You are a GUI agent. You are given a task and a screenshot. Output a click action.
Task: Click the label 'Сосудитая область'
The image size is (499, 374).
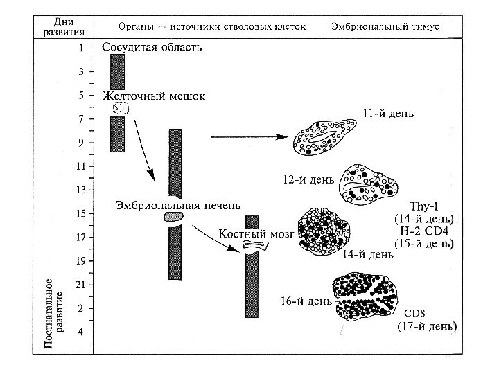(x=152, y=48)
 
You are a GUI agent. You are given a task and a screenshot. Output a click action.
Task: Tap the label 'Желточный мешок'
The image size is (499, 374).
(x=153, y=96)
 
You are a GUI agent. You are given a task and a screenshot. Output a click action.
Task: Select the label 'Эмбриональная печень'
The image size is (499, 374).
(x=178, y=204)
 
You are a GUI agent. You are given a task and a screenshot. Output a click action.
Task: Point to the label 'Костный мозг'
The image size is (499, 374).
(x=256, y=235)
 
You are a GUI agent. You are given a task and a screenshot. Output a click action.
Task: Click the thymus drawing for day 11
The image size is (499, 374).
(x=323, y=141)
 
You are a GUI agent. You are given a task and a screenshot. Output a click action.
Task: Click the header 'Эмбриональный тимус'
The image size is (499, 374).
(x=389, y=26)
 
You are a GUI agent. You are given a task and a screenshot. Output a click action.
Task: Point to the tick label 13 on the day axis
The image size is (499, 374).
(x=80, y=190)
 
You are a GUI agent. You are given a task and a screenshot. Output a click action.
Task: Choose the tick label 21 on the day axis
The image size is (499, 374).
(x=80, y=285)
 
